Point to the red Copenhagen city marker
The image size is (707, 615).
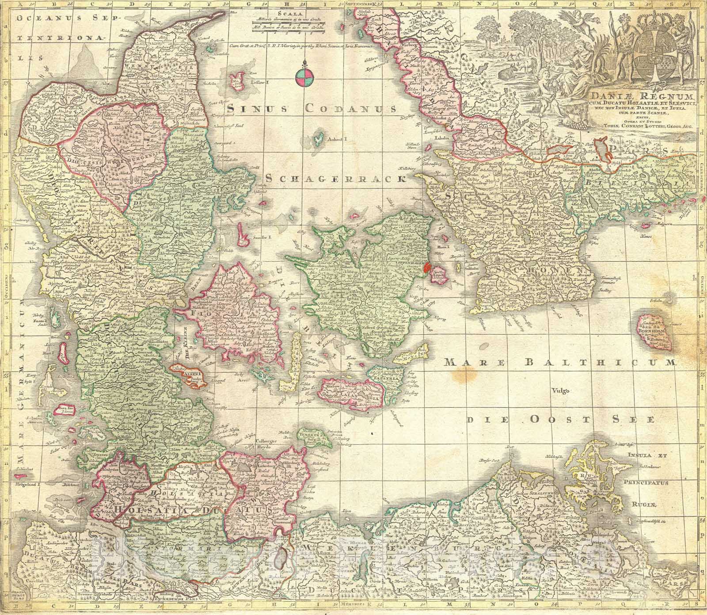(x=427, y=268)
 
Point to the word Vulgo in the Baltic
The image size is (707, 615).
(x=559, y=390)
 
